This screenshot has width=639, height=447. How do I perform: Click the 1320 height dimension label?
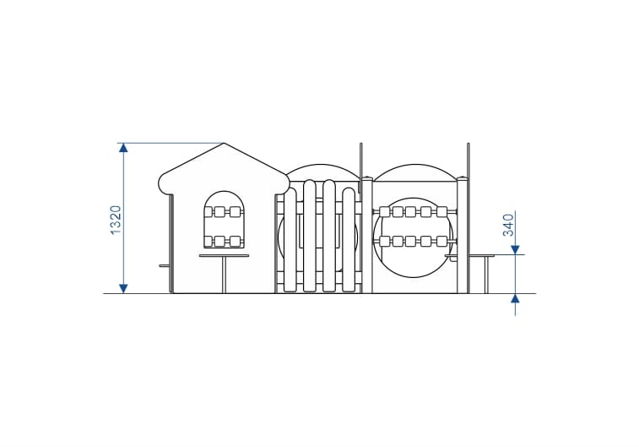[x=116, y=220]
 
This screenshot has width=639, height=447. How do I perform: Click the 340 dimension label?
[x=508, y=225]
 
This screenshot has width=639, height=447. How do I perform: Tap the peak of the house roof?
[x=224, y=143]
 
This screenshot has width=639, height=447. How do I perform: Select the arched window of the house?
[x=224, y=220]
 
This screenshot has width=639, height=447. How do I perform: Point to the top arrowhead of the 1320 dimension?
[x=123, y=147]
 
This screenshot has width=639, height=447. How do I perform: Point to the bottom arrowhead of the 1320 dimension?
[x=123, y=288]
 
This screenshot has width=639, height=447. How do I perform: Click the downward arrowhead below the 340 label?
[x=516, y=249]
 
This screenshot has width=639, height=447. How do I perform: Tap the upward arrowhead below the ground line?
[x=516, y=298]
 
